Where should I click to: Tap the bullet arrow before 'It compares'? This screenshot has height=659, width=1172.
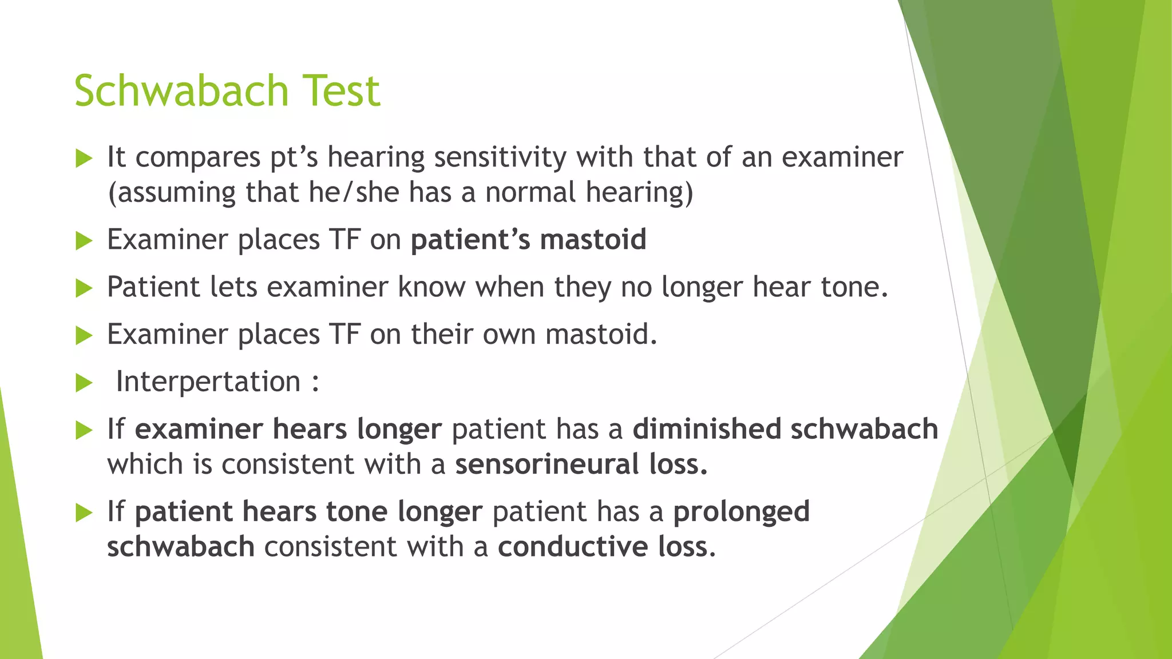click(x=84, y=158)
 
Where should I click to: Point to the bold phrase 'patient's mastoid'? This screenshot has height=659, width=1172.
click(x=528, y=239)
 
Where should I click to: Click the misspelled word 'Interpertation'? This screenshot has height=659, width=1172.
click(x=208, y=382)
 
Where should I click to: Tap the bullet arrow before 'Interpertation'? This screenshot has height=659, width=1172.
click(x=84, y=383)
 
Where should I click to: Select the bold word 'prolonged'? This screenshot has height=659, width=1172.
click(x=741, y=511)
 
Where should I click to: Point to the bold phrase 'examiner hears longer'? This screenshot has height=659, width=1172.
click(x=288, y=429)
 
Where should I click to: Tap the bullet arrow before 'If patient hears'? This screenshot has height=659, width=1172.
click(x=84, y=513)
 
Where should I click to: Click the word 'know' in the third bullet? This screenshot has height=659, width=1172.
click(x=431, y=287)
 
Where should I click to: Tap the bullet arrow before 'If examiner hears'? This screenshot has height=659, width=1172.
click(x=84, y=431)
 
